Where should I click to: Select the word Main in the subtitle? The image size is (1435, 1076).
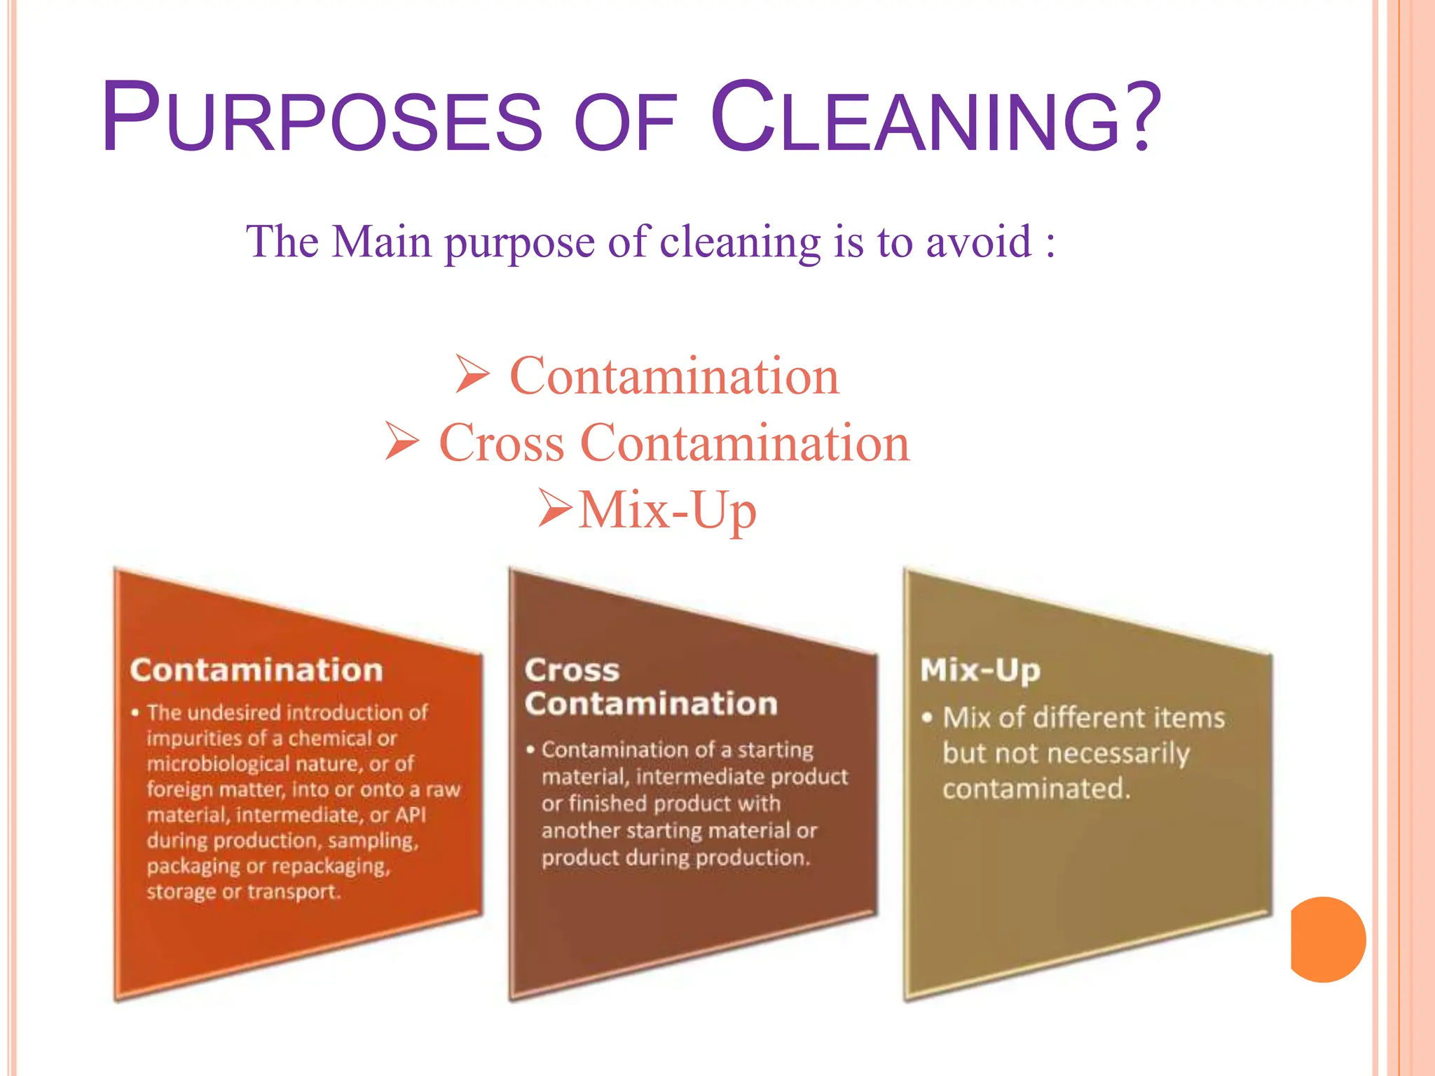click(381, 242)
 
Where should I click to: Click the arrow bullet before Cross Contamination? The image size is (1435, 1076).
click(402, 441)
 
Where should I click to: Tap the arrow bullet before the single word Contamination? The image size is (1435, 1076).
click(472, 374)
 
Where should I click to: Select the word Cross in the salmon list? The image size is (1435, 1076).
click(501, 443)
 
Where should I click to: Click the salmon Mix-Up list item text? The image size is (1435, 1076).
click(667, 510)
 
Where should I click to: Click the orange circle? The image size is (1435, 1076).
click(1326, 939)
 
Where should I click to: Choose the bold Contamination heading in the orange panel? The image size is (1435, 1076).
click(256, 670)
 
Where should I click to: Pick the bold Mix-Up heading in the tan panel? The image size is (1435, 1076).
click(980, 670)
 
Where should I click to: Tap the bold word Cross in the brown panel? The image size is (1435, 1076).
click(572, 670)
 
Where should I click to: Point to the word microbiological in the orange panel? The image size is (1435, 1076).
click(214, 764)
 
